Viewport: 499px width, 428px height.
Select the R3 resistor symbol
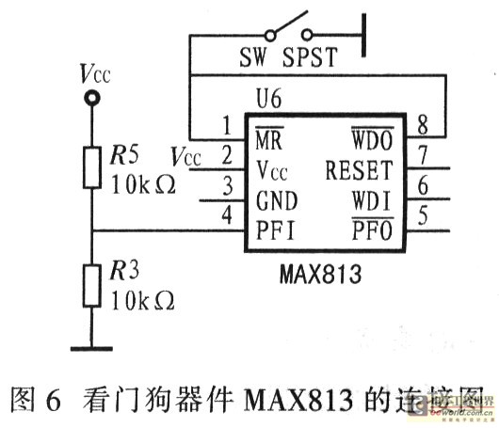[x=91, y=284]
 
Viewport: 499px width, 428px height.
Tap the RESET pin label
[x=358, y=171]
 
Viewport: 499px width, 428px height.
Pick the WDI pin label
[x=369, y=200]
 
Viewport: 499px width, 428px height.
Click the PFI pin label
[x=277, y=229]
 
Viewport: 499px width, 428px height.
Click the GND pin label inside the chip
[x=277, y=200]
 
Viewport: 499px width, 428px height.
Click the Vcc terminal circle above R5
[x=91, y=98]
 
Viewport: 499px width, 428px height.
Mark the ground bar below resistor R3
[x=91, y=349]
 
